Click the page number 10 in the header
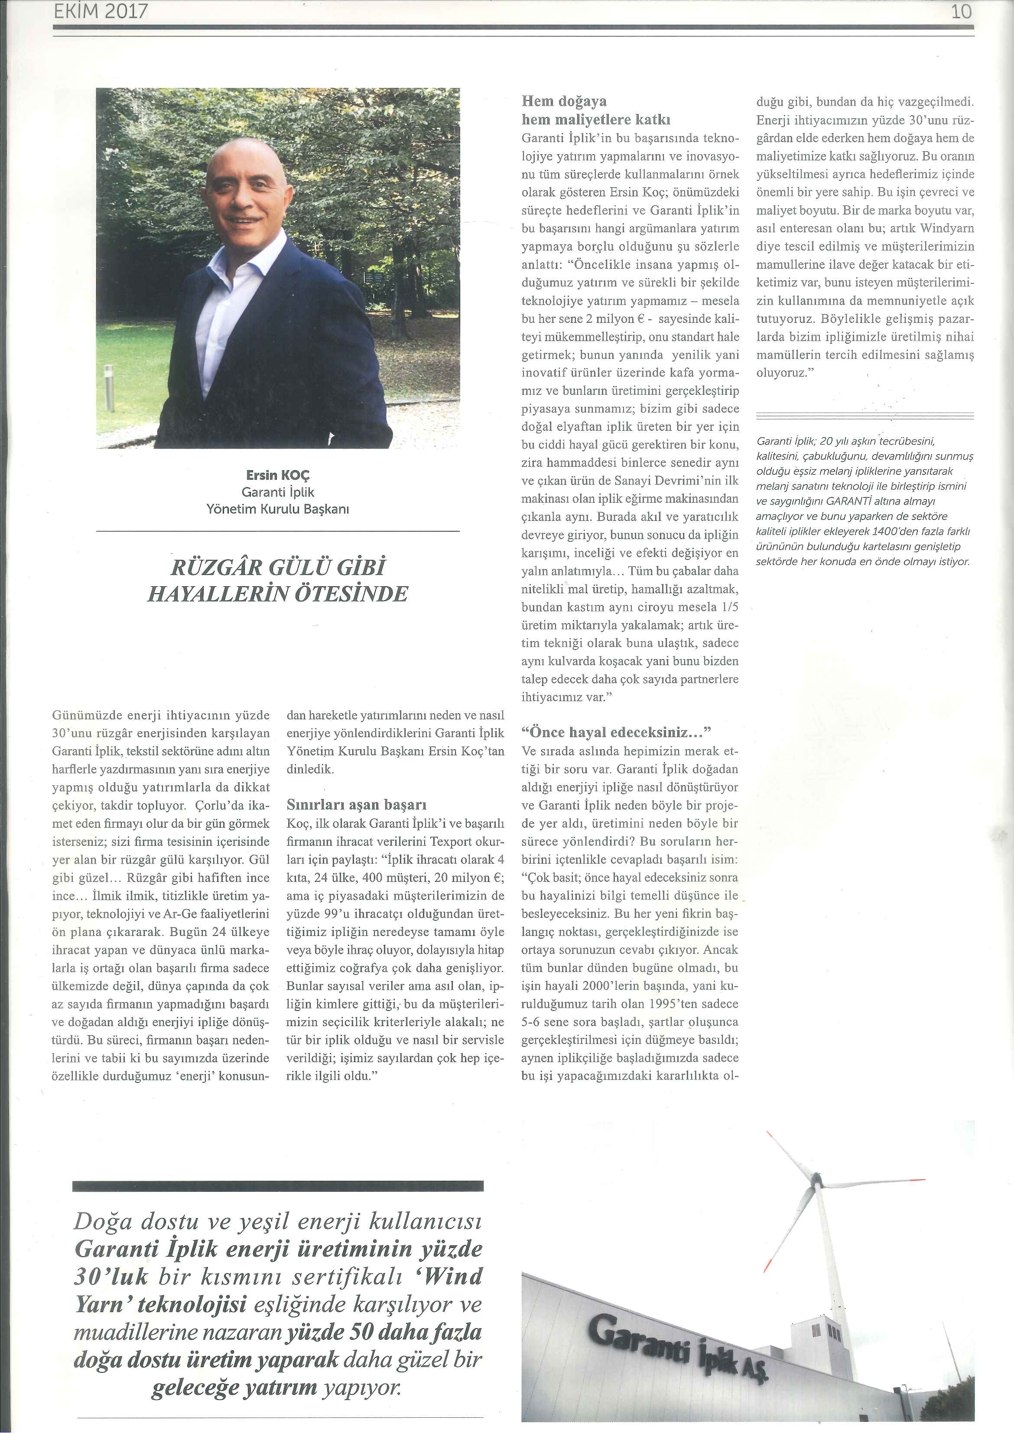tap(962, 11)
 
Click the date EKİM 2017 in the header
tap(101, 11)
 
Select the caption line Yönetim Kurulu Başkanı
tap(278, 509)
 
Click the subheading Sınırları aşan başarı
tap(357, 804)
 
